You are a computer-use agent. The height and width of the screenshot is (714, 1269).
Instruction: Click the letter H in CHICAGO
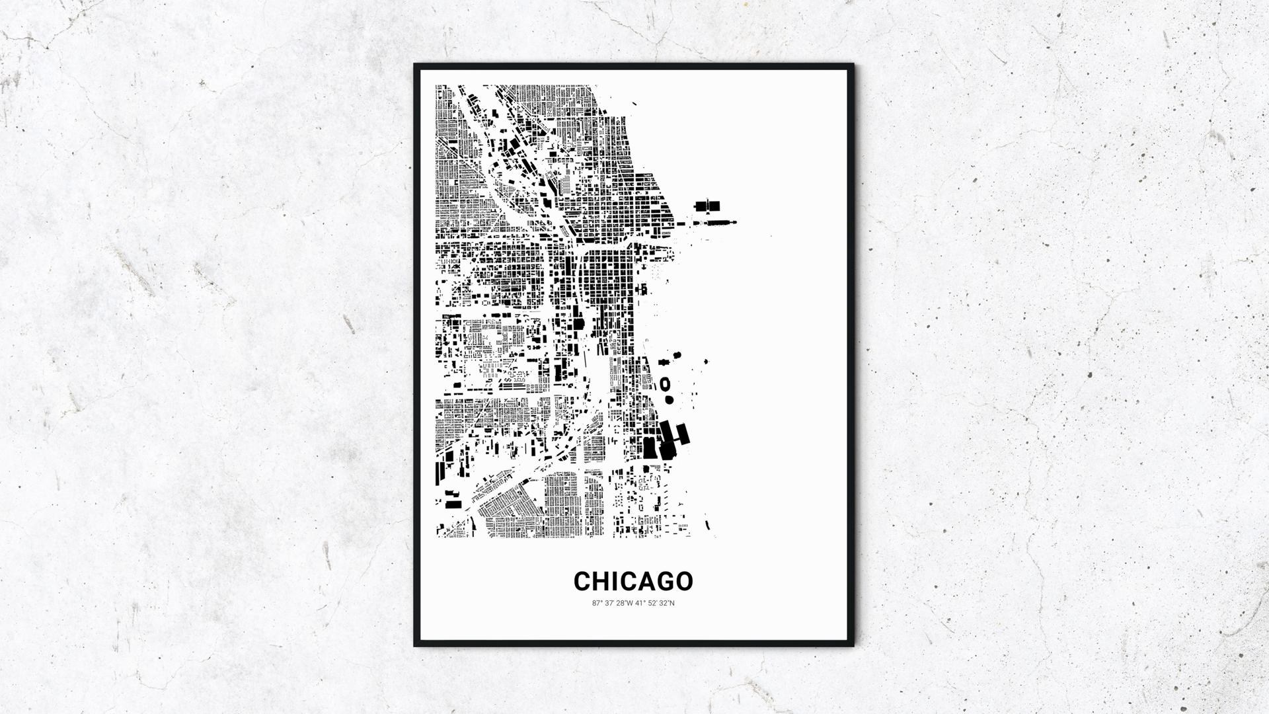(x=600, y=581)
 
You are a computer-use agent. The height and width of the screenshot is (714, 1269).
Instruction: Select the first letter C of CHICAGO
(x=582, y=581)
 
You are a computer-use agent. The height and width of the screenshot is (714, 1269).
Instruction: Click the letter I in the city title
(x=613, y=581)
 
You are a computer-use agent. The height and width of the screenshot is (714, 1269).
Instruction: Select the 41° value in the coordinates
(x=640, y=603)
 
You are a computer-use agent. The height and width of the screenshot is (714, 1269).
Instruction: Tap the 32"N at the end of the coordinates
(x=668, y=603)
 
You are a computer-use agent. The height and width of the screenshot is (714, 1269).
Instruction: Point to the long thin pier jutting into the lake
(x=717, y=223)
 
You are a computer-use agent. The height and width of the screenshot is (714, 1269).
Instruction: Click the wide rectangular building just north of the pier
(x=707, y=206)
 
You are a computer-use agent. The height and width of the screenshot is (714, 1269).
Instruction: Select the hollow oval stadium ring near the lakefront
(x=665, y=383)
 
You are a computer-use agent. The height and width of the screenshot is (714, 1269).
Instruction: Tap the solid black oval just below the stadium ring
(x=668, y=399)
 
